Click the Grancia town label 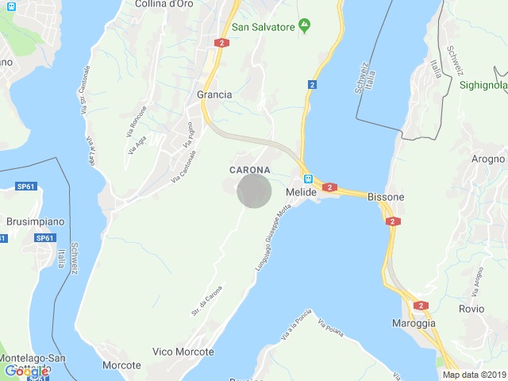point(214,94)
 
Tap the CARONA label point(250,170)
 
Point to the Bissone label point(387,197)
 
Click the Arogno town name point(487,159)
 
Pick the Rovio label point(471,309)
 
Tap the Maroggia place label point(414,324)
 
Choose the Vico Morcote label point(183,352)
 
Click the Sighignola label point(483,84)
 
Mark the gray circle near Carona point(255,191)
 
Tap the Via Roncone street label point(137,119)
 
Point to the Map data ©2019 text point(473,375)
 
